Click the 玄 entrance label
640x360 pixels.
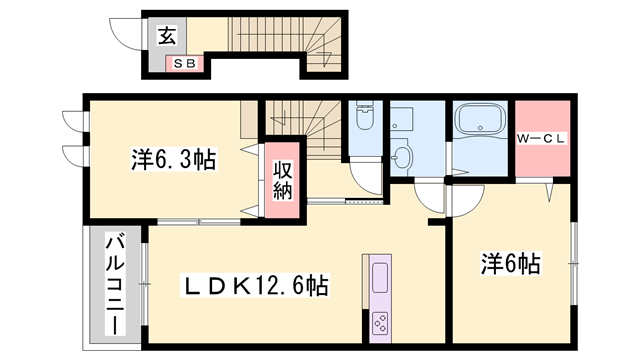coord(166,37)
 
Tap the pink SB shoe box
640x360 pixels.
coord(185,64)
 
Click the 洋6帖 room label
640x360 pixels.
coord(510,264)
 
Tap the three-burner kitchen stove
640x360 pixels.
coord(382,321)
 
